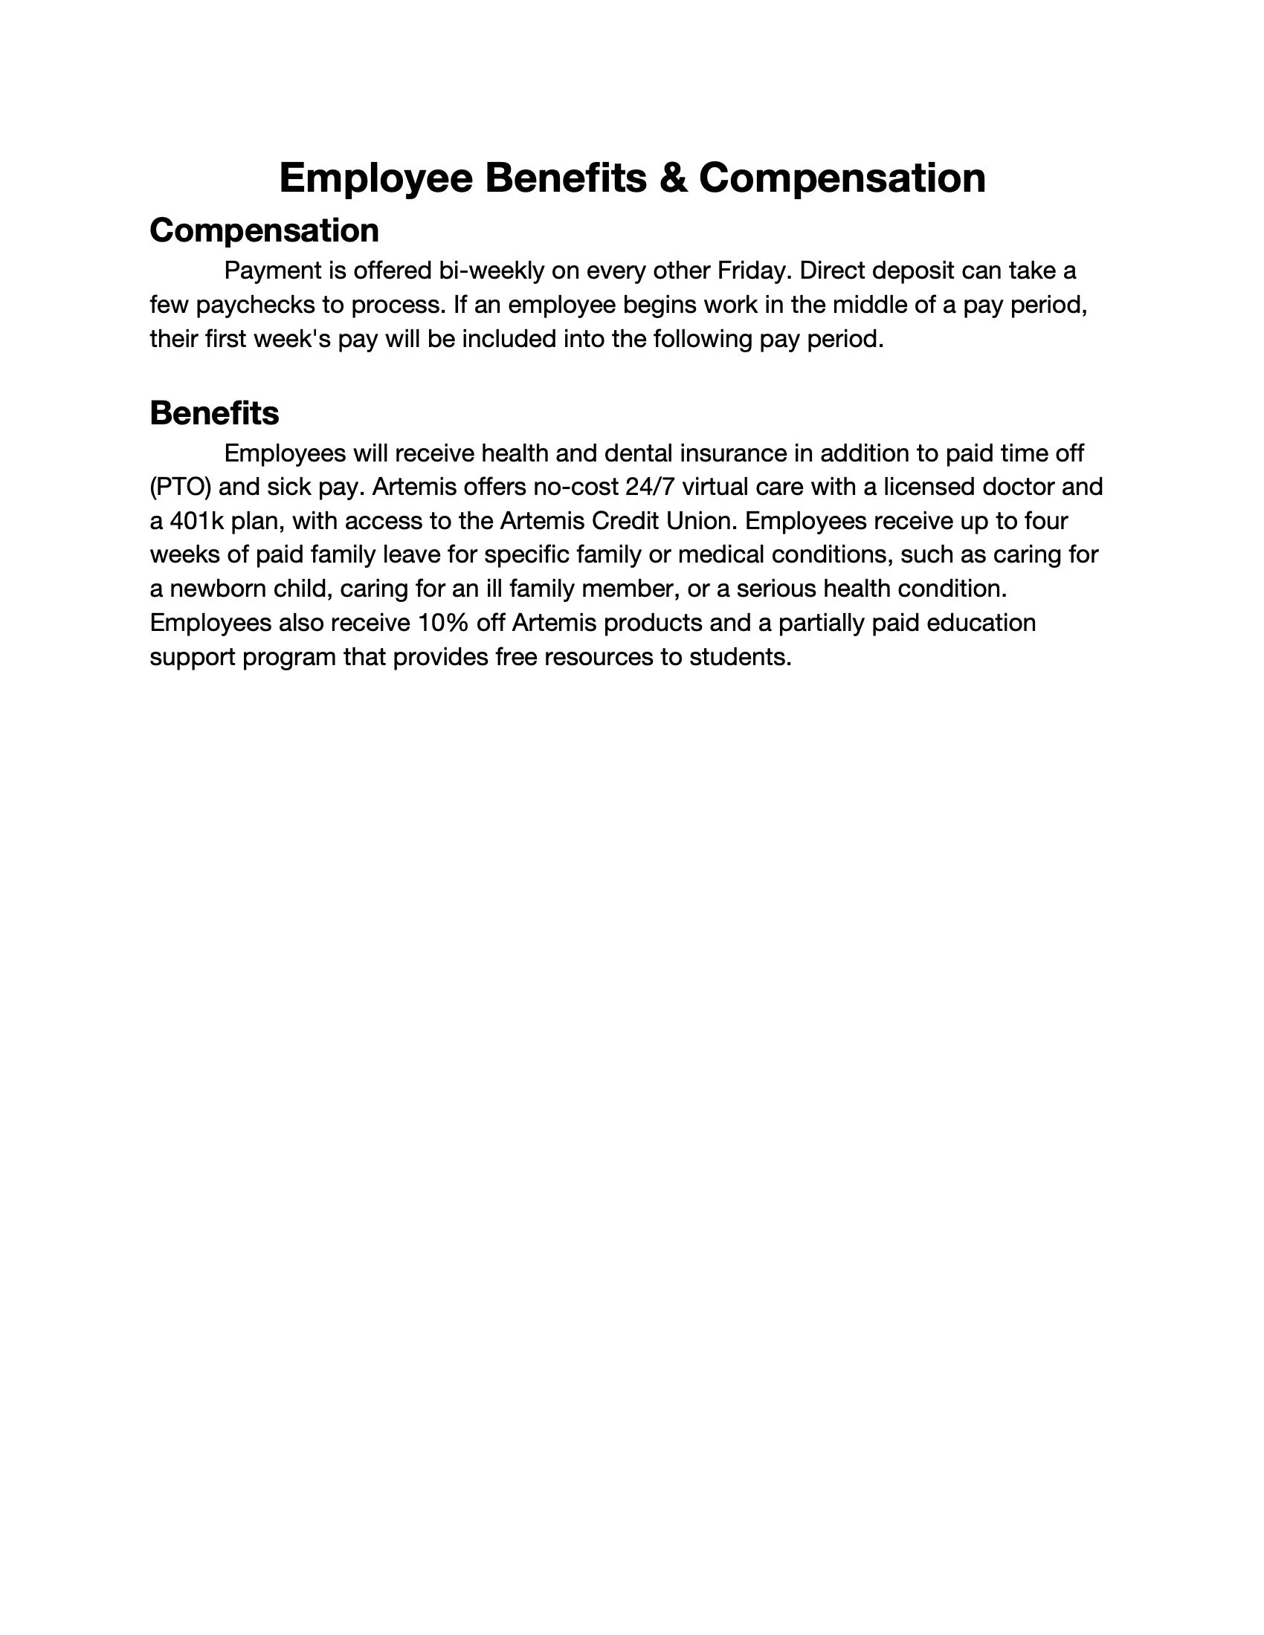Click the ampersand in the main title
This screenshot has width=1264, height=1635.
coord(673,178)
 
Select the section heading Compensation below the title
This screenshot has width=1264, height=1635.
coord(265,230)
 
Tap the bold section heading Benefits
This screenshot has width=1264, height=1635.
coord(214,413)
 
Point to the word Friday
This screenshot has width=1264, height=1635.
coord(754,271)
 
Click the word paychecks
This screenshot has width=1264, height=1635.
coord(254,305)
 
